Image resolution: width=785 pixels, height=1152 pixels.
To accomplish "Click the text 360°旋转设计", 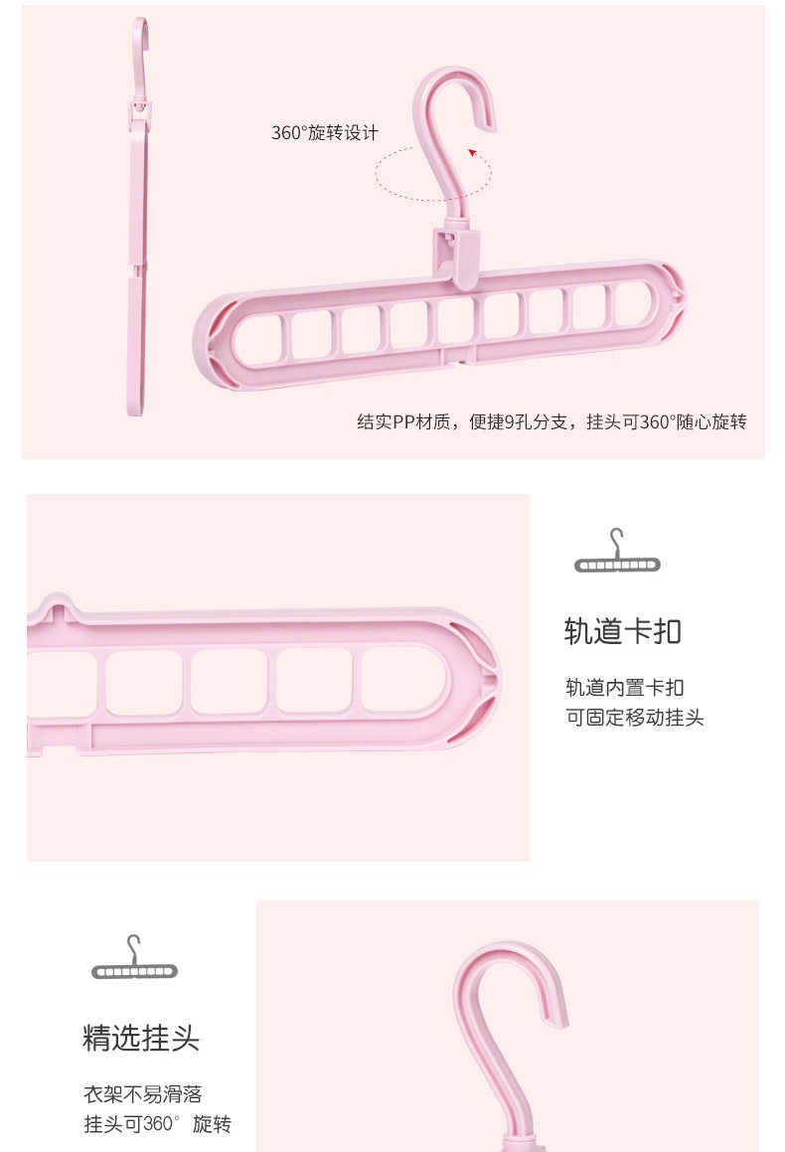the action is pyautogui.click(x=325, y=133).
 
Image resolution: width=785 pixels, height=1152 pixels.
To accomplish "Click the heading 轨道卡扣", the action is pyautogui.click(x=622, y=631).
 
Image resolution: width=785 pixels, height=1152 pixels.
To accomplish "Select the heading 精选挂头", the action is pyautogui.click(x=141, y=1039).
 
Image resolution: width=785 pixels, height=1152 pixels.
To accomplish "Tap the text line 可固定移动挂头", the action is pyautogui.click(x=634, y=717).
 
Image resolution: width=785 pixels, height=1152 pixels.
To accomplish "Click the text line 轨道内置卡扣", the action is pyautogui.click(x=624, y=687).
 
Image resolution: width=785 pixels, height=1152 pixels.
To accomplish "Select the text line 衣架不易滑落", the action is pyautogui.click(x=142, y=1094).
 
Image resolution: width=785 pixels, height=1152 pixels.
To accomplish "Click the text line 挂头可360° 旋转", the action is pyautogui.click(x=157, y=1124).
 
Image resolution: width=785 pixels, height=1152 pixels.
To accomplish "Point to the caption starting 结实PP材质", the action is pyautogui.click(x=551, y=422).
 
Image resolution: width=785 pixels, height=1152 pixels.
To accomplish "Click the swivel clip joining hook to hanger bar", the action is pyautogui.click(x=456, y=252).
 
